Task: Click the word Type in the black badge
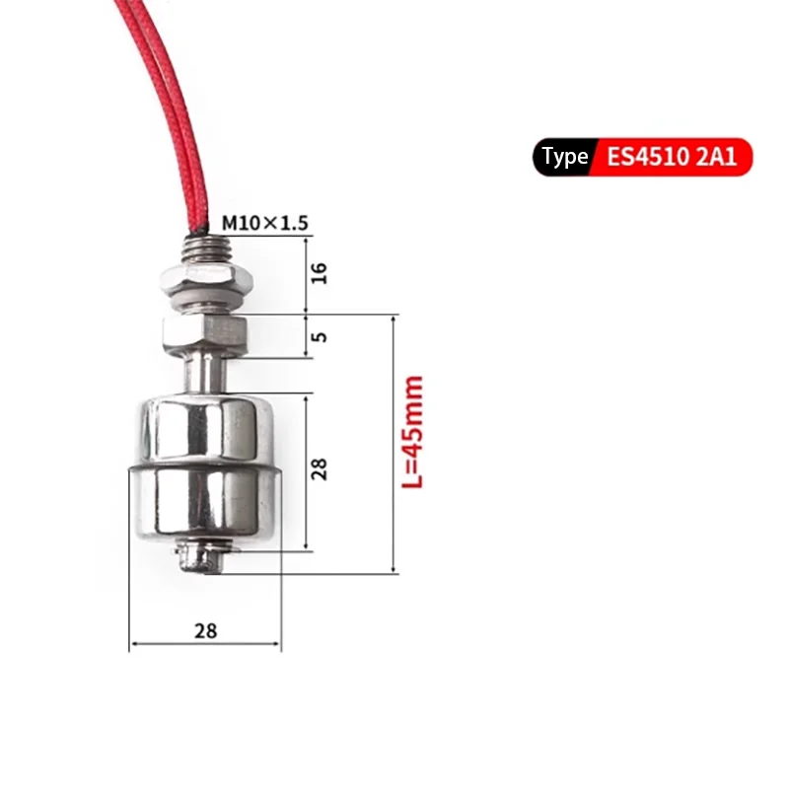564,157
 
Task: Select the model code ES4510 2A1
672,157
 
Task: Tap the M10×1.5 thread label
264,223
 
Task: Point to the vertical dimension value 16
319,273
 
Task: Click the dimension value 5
319,336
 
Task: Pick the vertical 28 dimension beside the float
319,469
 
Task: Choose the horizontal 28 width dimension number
206,631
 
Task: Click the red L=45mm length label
412,432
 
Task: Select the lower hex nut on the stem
205,334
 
